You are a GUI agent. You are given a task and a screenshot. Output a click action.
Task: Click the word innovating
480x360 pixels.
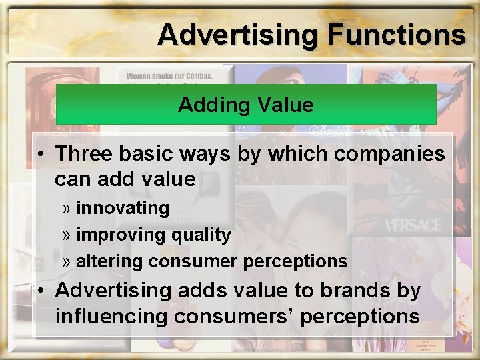pyautogui.click(x=123, y=208)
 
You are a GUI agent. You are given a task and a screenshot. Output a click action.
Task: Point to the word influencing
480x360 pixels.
pyautogui.click(x=109, y=316)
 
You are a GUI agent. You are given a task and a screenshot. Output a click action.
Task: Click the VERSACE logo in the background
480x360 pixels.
pyautogui.click(x=413, y=224)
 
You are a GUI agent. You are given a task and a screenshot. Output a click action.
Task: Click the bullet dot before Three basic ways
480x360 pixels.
pyautogui.click(x=41, y=154)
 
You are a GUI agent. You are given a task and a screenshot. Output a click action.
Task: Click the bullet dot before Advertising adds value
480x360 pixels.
pyautogui.click(x=41, y=291)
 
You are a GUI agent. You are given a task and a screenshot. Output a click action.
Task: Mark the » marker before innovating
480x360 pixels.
pyautogui.click(x=67, y=209)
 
